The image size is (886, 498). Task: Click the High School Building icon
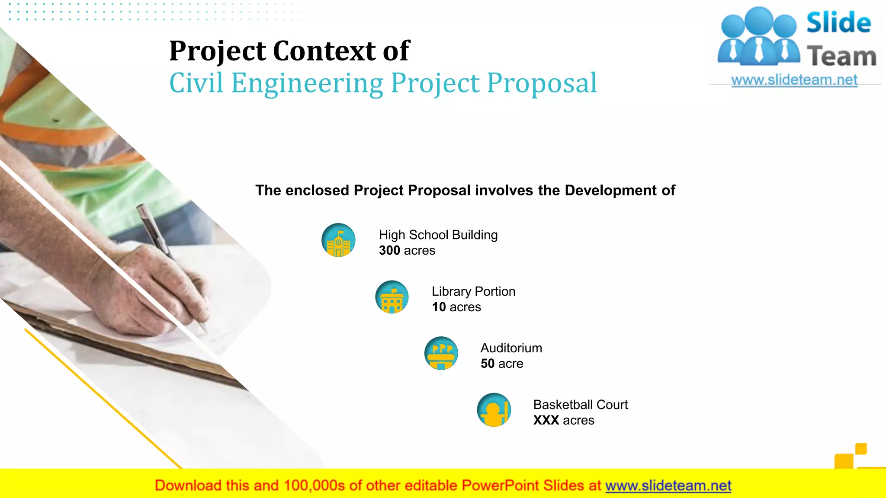[x=338, y=240]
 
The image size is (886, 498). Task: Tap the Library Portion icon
[x=392, y=297]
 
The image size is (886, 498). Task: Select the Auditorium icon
[x=441, y=354]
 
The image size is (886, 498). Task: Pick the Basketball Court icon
[x=494, y=410]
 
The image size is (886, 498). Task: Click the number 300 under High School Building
[x=389, y=251]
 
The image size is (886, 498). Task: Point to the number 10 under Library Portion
[x=439, y=307]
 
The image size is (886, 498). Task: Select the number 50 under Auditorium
[x=488, y=364]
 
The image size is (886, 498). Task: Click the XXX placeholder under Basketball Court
[x=546, y=421]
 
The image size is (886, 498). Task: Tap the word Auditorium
[x=511, y=348]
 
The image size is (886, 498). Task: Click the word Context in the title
[x=324, y=51]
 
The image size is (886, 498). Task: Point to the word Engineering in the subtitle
[x=307, y=84]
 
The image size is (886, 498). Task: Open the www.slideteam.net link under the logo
[x=794, y=80]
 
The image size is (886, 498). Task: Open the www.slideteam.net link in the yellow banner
[x=668, y=486]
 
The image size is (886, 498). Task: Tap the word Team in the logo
[x=841, y=57]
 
